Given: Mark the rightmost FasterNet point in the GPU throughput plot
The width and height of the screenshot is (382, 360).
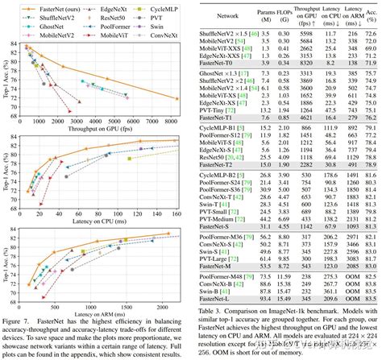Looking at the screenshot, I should (178, 98).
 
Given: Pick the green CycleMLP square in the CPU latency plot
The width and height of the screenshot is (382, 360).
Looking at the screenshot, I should (130, 158).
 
